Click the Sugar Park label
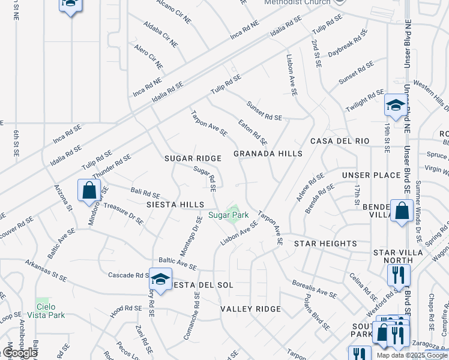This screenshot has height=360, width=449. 228,214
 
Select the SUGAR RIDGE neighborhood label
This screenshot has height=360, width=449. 193,158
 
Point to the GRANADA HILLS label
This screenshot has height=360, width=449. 268,154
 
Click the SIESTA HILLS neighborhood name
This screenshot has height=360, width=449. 175,205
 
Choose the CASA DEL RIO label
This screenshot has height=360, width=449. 339,141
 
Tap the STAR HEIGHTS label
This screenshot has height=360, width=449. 325,244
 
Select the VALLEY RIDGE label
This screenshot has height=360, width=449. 250,309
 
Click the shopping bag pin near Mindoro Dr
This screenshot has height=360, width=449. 89,191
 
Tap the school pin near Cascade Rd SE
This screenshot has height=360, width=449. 160,279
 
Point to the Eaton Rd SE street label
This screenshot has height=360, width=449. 252,133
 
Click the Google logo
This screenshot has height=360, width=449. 20,352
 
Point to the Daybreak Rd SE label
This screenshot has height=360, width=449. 348,45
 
